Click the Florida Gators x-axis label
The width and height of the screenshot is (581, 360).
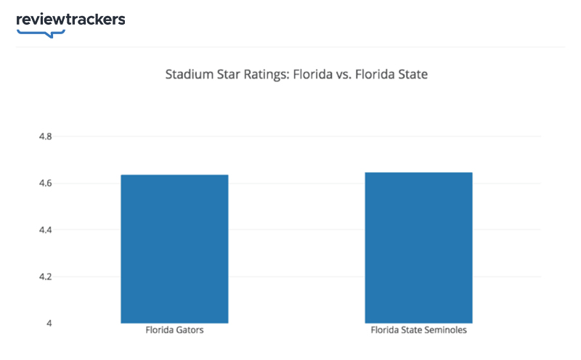tap(175, 331)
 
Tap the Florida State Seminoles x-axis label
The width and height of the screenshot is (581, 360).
tap(419, 331)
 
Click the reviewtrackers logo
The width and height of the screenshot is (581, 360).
tap(70, 20)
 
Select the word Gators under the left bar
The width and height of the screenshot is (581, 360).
tap(189, 331)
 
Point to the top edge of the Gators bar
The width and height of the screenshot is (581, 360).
tap(174, 175)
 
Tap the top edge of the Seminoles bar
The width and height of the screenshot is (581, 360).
tap(418, 173)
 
